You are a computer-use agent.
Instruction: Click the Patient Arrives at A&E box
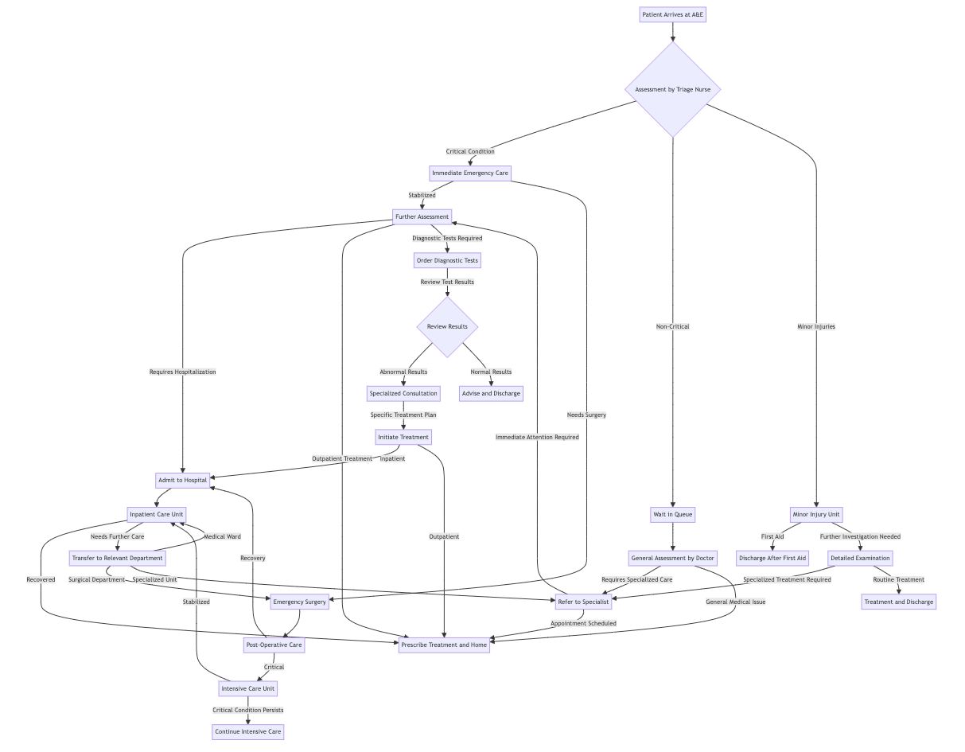672,14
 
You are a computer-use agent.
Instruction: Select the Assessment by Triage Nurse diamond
672,89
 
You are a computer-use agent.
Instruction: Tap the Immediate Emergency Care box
470,173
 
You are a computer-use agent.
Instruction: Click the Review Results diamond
447,327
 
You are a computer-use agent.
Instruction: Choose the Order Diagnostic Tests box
447,260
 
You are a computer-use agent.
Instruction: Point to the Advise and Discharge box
491,394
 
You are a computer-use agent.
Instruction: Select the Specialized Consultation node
403,394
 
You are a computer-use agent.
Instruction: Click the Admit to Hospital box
182,480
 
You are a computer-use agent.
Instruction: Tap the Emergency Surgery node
299,602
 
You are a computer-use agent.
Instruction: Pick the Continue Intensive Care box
247,731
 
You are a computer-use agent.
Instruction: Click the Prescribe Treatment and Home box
444,645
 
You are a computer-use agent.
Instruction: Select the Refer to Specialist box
583,602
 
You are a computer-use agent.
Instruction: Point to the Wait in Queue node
672,514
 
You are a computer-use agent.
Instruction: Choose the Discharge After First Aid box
772,559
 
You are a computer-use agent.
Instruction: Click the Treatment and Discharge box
898,602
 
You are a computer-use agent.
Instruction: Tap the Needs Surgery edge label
586,415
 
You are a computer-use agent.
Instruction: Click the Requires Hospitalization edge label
182,372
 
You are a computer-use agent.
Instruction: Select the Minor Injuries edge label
815,326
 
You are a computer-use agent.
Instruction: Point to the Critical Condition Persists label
247,710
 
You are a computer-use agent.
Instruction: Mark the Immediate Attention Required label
537,437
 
